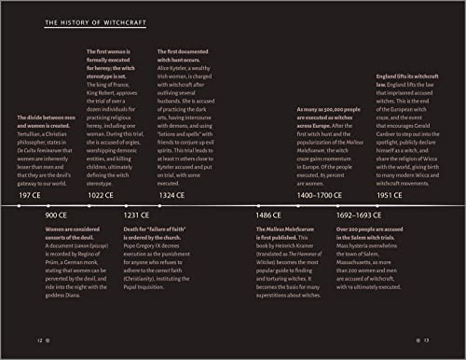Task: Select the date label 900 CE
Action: coord(56,215)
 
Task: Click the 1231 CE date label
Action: coord(137,215)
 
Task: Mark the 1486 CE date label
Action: coord(269,215)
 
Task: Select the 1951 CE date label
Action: coord(391,197)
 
